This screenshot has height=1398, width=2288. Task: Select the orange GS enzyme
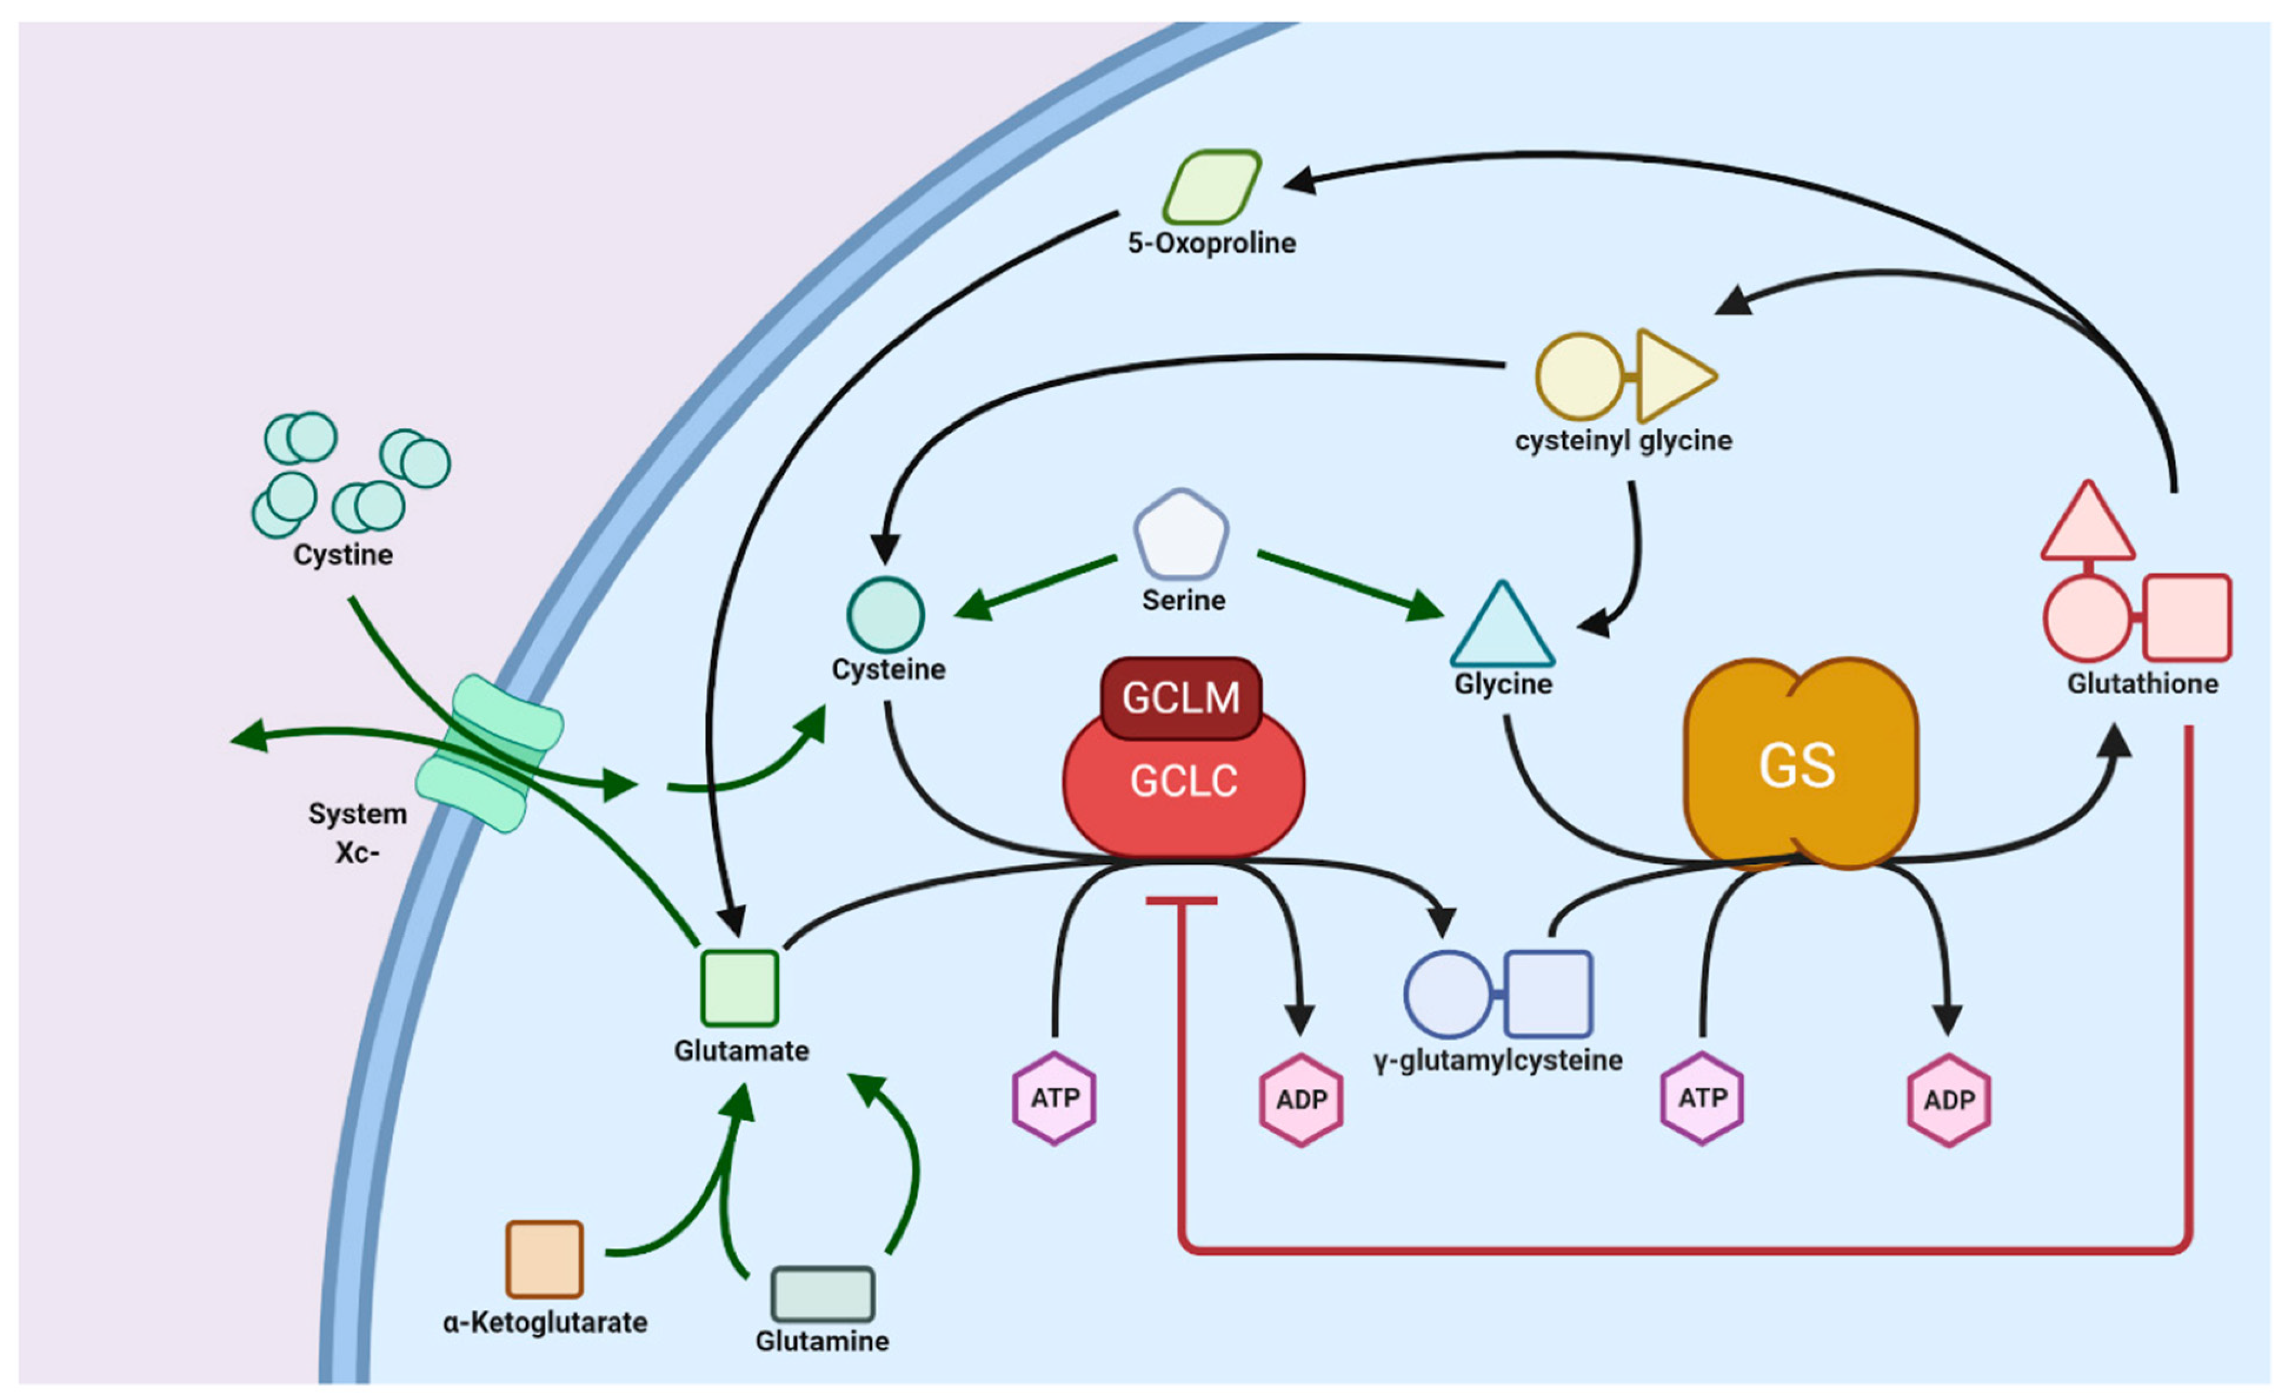pyautogui.click(x=1801, y=763)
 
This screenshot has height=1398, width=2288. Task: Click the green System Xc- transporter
pyautogui.click(x=488, y=753)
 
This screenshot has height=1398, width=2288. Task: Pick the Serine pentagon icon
pyautogui.click(x=1181, y=535)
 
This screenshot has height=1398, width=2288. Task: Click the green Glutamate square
pyautogui.click(x=739, y=987)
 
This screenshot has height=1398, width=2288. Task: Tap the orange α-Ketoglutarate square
pyautogui.click(x=544, y=1259)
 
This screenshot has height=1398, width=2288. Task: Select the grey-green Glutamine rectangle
pyautogui.click(x=823, y=1294)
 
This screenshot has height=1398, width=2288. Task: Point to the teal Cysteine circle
pyautogui.click(x=885, y=615)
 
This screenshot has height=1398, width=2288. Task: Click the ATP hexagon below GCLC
pyautogui.click(x=1054, y=1098)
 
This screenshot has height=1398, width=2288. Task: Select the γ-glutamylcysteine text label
pyautogui.click(x=1498, y=1060)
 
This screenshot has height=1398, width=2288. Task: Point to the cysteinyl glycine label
pyautogui.click(x=1623, y=440)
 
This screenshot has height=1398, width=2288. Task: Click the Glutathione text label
pyautogui.click(x=2142, y=683)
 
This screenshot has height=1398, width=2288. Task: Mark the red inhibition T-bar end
pyautogui.click(x=1181, y=900)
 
